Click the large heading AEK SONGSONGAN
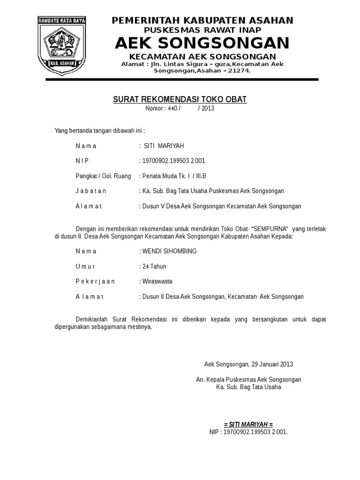202,43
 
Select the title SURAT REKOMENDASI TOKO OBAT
180,99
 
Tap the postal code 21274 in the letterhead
238,71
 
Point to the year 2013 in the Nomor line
208,108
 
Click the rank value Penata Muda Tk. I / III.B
173,176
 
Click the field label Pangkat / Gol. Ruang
103,176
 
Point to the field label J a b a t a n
91,191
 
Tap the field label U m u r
85,266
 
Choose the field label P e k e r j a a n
95,281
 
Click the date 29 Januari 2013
272,364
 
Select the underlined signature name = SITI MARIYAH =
248,424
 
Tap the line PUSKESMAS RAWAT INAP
202,30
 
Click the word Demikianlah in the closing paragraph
93,319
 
